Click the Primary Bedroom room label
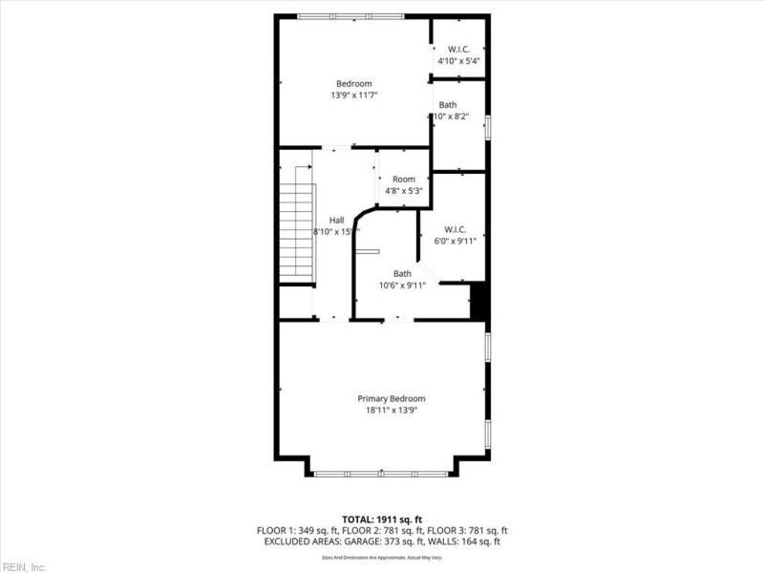point(392,398)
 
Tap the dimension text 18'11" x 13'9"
point(392,411)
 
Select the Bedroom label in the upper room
point(353,84)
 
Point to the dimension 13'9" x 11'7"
point(354,95)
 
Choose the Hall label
point(336,220)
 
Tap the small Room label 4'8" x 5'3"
point(403,180)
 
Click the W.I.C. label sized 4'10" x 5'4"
point(458,50)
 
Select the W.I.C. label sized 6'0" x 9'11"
point(455,229)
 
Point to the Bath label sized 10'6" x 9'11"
point(403,274)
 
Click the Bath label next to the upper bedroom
point(448,105)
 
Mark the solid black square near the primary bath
point(479,301)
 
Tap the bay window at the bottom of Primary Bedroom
point(381,473)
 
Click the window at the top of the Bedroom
point(350,16)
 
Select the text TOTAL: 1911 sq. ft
point(381,519)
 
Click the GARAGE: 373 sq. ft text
point(382,541)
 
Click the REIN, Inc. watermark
point(24,566)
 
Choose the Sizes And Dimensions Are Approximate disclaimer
point(381,556)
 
